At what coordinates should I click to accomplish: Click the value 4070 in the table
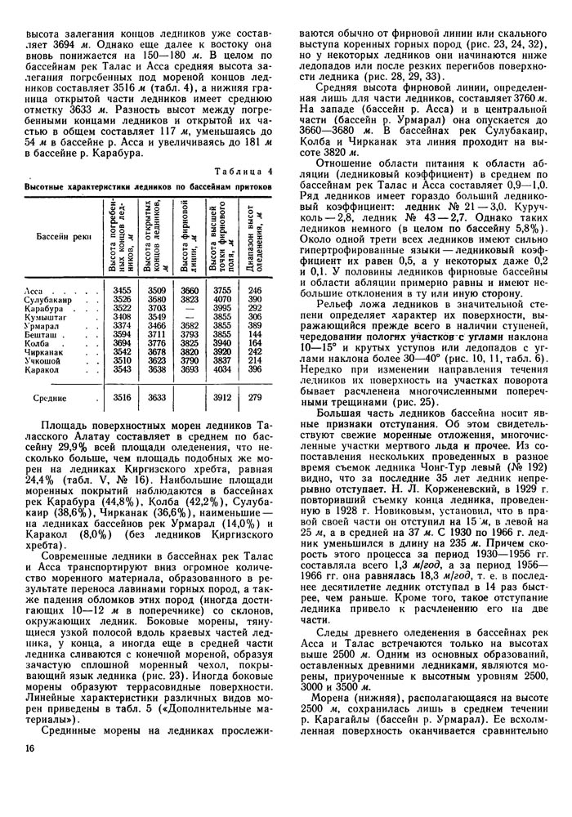click(221, 300)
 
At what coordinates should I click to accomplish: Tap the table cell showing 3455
click(122, 292)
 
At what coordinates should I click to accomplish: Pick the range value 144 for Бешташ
click(254, 334)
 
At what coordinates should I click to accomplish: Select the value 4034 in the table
click(221, 368)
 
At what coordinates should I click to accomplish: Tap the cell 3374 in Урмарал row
click(122, 325)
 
